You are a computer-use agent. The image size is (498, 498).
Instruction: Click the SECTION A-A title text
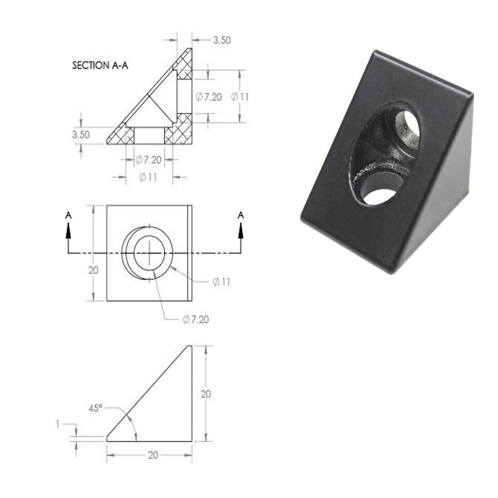click(x=100, y=65)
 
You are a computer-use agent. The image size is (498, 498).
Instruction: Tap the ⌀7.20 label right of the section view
click(x=209, y=97)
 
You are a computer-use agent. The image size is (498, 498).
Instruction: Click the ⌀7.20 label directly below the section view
click(x=148, y=159)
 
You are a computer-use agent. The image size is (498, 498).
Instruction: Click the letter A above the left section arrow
click(x=68, y=215)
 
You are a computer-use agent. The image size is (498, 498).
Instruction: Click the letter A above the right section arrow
click(x=241, y=215)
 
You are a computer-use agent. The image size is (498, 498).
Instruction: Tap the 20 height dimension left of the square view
click(x=93, y=270)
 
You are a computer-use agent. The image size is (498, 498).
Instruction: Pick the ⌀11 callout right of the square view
click(x=221, y=282)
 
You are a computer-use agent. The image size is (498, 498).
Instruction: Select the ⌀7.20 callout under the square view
click(x=196, y=319)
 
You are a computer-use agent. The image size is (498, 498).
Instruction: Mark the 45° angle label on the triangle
click(x=96, y=408)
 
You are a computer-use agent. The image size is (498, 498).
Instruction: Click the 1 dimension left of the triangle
click(x=58, y=424)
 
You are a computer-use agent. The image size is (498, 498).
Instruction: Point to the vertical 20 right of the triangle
click(x=206, y=394)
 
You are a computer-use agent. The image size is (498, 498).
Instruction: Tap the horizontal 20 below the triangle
click(x=153, y=455)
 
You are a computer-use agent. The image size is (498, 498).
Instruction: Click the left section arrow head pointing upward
click(x=68, y=231)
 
